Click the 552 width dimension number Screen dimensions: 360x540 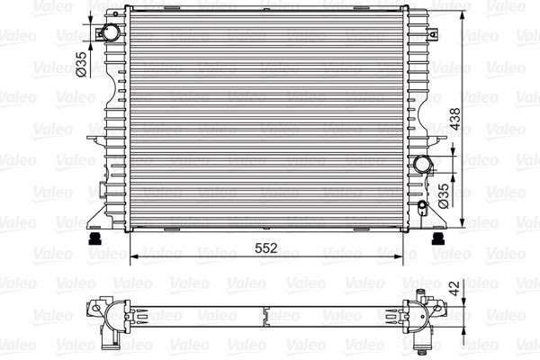(x=264, y=247)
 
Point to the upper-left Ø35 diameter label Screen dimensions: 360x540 (x=80, y=64)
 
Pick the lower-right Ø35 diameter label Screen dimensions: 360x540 (x=443, y=195)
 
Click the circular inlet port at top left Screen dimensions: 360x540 (x=109, y=33)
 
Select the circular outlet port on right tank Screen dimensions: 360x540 (x=423, y=165)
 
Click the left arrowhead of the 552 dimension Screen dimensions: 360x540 (x=135, y=257)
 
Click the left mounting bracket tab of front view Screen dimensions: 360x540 (x=93, y=138)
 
